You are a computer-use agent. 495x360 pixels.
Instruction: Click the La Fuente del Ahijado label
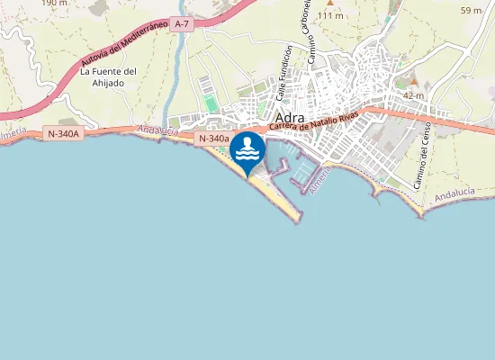(108, 77)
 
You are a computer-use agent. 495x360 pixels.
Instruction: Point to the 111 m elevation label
(330, 16)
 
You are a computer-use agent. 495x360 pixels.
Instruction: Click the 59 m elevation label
(470, 11)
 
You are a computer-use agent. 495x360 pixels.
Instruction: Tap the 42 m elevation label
(413, 95)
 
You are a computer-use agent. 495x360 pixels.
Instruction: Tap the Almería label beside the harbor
(319, 179)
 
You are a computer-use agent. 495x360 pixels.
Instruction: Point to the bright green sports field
(211, 104)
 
